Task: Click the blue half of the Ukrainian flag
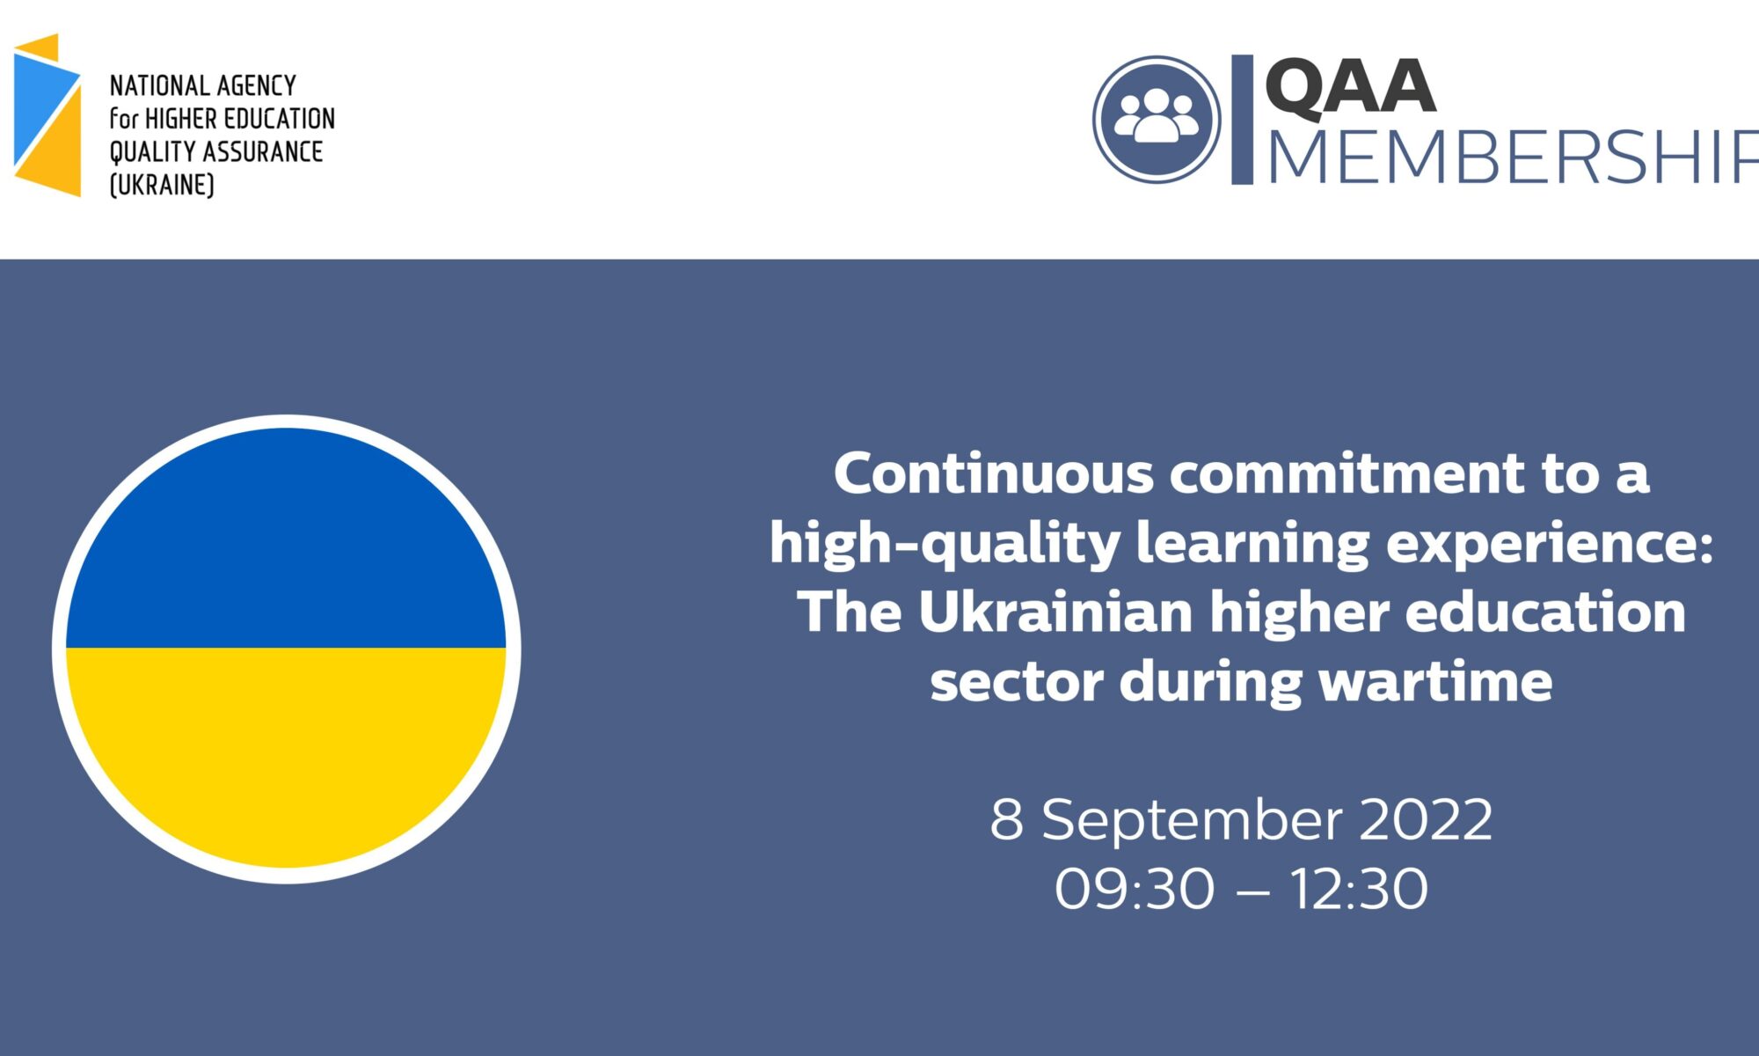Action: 286,546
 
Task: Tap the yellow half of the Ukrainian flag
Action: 286,748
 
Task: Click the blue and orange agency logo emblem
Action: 47,115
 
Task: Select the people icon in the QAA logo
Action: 1157,119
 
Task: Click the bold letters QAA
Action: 1350,87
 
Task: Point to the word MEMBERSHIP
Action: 1513,158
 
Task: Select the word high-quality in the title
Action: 945,545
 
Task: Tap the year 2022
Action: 1426,819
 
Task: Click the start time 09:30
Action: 1135,889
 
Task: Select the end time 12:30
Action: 1359,889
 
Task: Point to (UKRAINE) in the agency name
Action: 162,185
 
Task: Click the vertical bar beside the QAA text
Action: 1242,120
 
